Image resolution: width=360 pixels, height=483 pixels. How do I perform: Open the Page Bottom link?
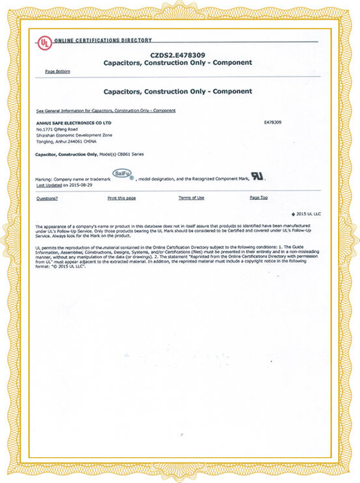point(57,72)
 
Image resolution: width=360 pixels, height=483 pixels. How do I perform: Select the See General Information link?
point(106,111)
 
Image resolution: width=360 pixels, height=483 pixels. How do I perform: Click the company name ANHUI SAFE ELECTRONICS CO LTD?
point(74,122)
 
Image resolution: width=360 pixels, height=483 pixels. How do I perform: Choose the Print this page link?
point(122,198)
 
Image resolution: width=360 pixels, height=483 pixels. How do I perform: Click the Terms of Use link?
point(191,198)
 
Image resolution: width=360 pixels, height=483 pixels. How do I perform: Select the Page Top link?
point(259,198)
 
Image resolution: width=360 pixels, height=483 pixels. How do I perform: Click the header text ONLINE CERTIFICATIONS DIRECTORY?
point(103,40)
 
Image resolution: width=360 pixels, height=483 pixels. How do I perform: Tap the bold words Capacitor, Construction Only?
point(66,154)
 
